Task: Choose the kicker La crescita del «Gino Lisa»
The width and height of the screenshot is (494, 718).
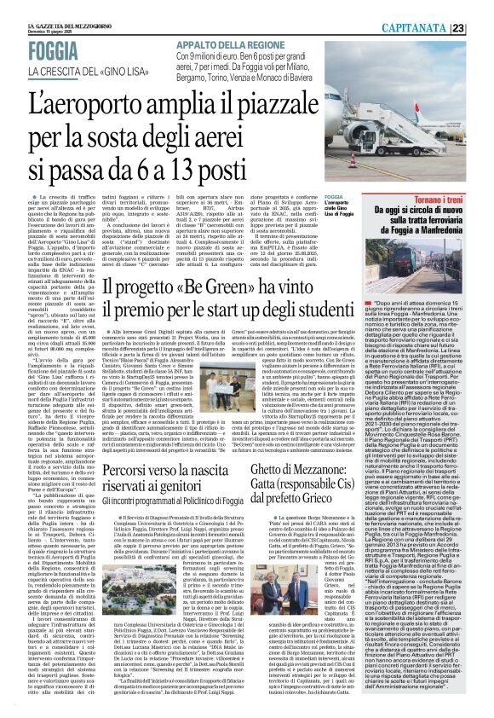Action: (101, 71)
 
